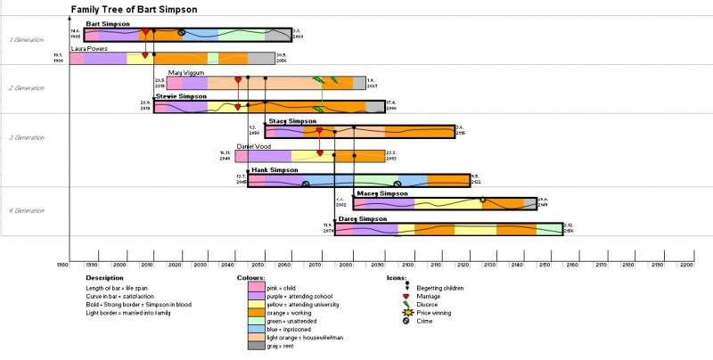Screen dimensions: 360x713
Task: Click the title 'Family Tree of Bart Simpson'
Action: (x=135, y=9)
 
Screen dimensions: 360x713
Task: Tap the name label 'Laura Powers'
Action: (x=90, y=49)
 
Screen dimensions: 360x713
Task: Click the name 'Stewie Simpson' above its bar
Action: (x=181, y=95)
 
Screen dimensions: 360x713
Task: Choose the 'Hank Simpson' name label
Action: (x=275, y=169)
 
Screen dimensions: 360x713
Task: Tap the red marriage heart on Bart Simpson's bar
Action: (x=144, y=32)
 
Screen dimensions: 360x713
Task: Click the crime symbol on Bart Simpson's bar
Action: (x=182, y=33)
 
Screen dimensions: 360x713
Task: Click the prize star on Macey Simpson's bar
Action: (x=482, y=200)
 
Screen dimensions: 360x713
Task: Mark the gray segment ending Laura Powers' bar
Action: (x=261, y=59)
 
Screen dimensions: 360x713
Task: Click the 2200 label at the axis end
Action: (x=685, y=265)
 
